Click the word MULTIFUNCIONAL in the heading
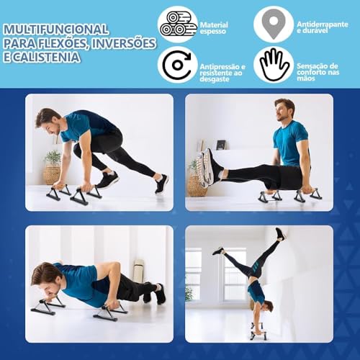pyautogui.click(x=56, y=30)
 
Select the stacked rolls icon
pyautogui.click(x=178, y=24)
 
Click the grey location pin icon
pyautogui.click(x=274, y=24)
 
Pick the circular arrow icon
pyautogui.click(x=177, y=65)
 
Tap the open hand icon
pyautogui.click(x=274, y=64)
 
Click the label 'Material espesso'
pyautogui.click(x=214, y=28)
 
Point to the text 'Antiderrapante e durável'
pyautogui.click(x=323, y=27)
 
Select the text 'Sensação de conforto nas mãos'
pyautogui.click(x=318, y=72)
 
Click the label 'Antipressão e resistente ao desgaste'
pyautogui.click(x=222, y=73)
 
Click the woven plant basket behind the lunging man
pyautogui.click(x=52, y=175)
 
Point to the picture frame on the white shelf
pyautogui.click(x=221, y=145)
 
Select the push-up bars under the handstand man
pyautogui.click(x=256, y=331)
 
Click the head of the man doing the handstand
pyautogui.click(x=267, y=308)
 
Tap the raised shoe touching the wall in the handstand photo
pyautogui.click(x=280, y=234)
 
